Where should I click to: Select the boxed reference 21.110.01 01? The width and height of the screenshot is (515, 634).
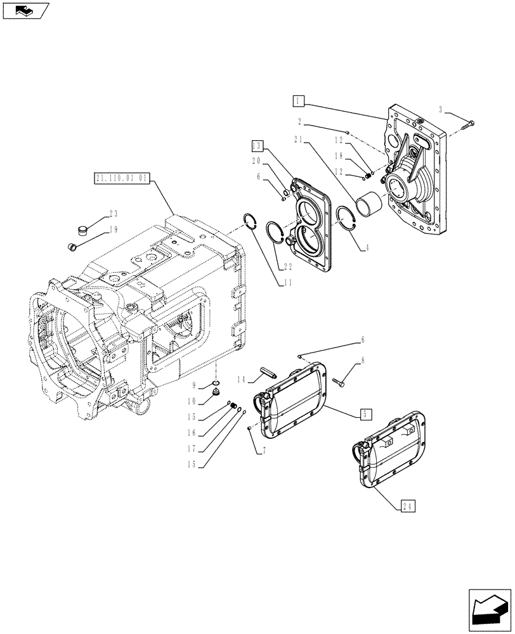click(x=121, y=179)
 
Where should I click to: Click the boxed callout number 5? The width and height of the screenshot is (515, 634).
click(x=365, y=414)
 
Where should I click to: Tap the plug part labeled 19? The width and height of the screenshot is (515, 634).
click(x=72, y=246)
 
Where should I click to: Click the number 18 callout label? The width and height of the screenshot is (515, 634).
click(x=341, y=155)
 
